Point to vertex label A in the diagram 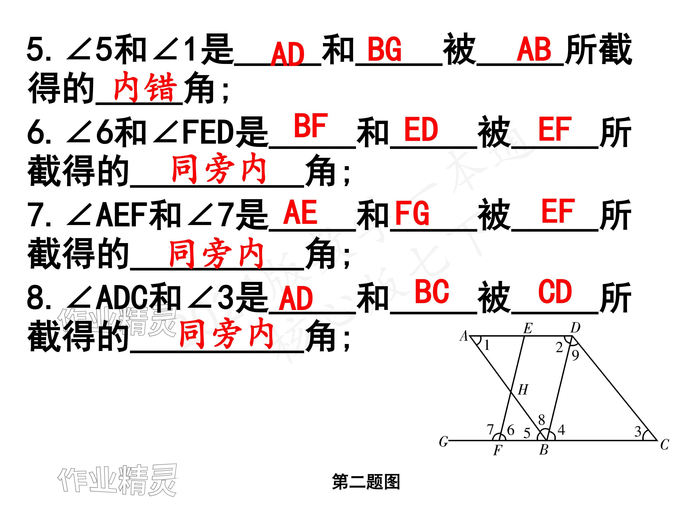click(x=464, y=336)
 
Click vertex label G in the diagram click(x=443, y=441)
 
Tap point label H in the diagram click(x=523, y=389)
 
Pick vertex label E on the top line click(x=528, y=328)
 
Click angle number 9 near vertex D click(x=575, y=355)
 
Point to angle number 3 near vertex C click(x=638, y=432)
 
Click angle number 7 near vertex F click(x=490, y=429)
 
